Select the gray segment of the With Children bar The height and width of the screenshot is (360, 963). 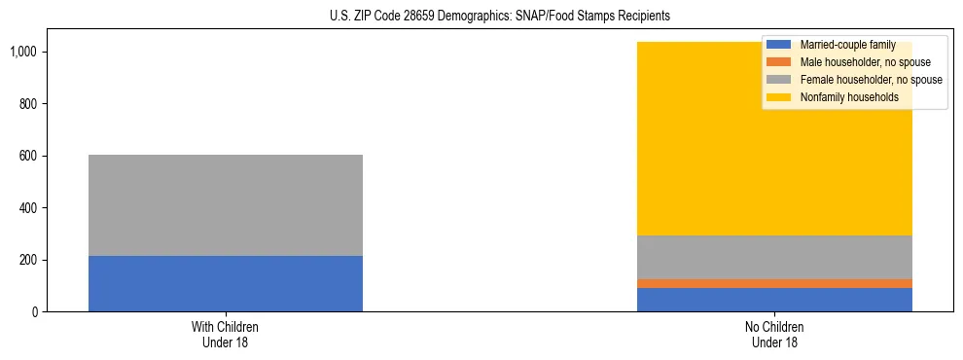tap(226, 205)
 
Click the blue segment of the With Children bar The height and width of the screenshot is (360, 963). tap(226, 284)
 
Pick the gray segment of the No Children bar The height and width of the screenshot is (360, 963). tap(774, 258)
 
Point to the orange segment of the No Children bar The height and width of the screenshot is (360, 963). tap(774, 283)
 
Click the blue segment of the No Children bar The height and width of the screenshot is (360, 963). tap(774, 300)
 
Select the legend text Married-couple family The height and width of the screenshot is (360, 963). tap(847, 45)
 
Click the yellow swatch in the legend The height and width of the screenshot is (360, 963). tap(779, 97)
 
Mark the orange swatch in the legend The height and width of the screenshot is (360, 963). tap(779, 62)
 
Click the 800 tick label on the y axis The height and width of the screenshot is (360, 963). tap(28, 104)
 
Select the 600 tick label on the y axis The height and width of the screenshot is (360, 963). tap(28, 156)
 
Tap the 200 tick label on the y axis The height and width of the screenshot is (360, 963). tap(28, 260)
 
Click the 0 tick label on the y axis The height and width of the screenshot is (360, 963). tap(34, 312)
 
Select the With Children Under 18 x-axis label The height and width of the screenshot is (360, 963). tap(226, 335)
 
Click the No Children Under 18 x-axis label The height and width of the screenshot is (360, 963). tap(774, 335)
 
